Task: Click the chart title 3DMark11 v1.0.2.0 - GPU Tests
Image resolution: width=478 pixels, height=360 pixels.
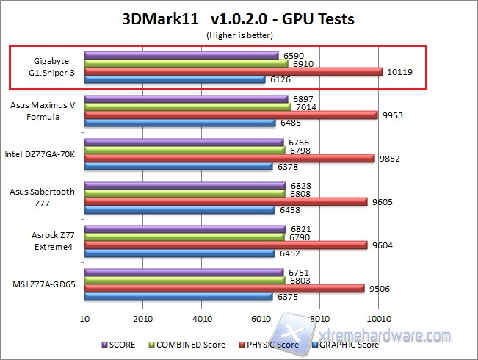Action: point(238,18)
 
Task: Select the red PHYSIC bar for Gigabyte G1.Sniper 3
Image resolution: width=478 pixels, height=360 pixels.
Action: point(233,72)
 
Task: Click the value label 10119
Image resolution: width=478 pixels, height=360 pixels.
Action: point(399,72)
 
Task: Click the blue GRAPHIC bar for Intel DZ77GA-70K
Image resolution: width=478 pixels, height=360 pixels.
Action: point(178,166)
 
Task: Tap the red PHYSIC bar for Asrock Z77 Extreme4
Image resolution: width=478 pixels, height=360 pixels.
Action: point(225,245)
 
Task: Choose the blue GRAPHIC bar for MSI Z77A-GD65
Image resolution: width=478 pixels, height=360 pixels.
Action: point(178,297)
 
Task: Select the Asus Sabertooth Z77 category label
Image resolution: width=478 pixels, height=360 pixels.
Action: point(43,197)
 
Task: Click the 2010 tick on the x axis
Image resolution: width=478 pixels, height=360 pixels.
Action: point(143,318)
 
